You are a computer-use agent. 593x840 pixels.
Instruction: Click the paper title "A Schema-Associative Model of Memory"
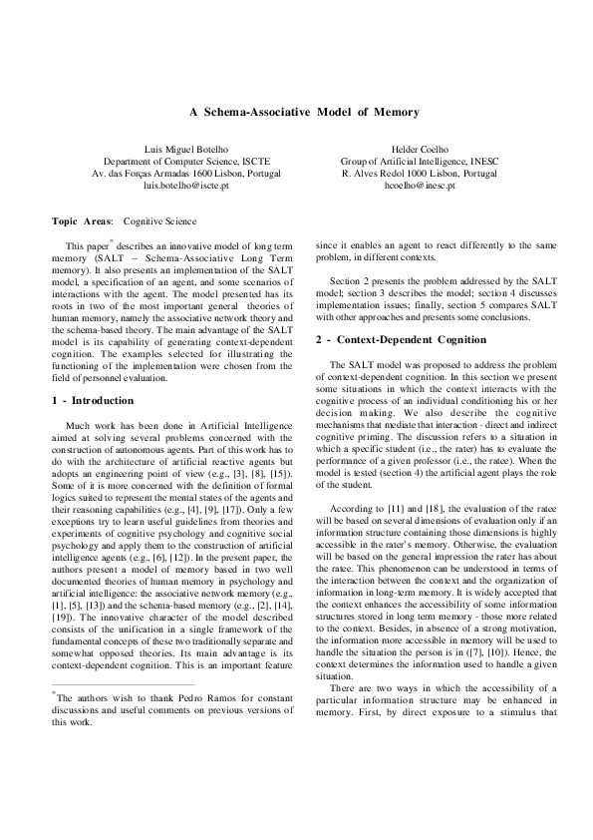296,113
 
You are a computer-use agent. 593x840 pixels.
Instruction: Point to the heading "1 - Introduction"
93,400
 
